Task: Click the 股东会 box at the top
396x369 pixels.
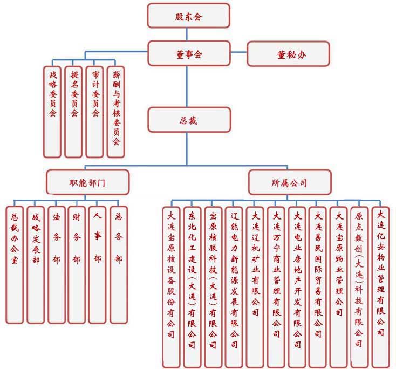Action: click(x=188, y=16)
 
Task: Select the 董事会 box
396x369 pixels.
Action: click(x=188, y=53)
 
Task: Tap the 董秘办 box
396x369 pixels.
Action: click(x=288, y=53)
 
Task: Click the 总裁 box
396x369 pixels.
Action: click(x=189, y=120)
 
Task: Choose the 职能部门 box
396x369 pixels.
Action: click(x=87, y=182)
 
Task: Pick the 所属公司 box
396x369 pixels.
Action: click(x=289, y=182)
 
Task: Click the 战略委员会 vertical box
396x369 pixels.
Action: click(x=52, y=111)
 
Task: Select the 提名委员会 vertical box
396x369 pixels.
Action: click(x=73, y=111)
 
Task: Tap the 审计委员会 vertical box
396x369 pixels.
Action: click(x=94, y=111)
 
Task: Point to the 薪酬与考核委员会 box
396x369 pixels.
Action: click(x=115, y=111)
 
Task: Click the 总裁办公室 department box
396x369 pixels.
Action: click(x=15, y=264)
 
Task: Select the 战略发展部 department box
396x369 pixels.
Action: click(x=35, y=264)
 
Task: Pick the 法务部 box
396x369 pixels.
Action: click(x=56, y=264)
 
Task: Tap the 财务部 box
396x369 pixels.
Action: click(x=76, y=264)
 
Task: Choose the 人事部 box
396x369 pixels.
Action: click(x=97, y=264)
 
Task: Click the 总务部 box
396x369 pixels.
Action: click(x=118, y=264)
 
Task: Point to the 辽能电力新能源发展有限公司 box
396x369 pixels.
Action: click(x=234, y=286)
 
